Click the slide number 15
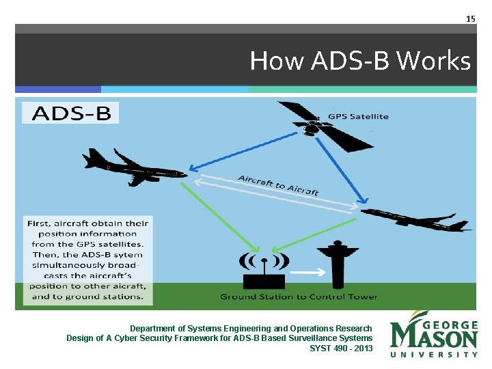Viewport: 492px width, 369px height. click(470, 18)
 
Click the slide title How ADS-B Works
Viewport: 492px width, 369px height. click(360, 61)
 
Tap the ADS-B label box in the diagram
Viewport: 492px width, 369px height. click(70, 113)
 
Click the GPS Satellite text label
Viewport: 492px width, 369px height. click(358, 116)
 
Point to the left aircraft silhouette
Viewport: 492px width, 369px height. click(133, 168)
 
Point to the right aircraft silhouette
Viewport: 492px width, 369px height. click(417, 219)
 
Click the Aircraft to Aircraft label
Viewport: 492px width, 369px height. click(278, 185)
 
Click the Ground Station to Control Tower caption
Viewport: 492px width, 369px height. click(299, 297)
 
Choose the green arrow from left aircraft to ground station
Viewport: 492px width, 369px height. click(222, 215)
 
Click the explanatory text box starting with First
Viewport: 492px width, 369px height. click(87, 260)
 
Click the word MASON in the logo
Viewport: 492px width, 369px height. click(434, 338)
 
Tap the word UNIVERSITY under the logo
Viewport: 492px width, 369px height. click(434, 355)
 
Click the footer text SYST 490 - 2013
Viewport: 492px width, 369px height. click(341, 348)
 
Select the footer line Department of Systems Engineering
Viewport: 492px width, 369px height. click(251, 329)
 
